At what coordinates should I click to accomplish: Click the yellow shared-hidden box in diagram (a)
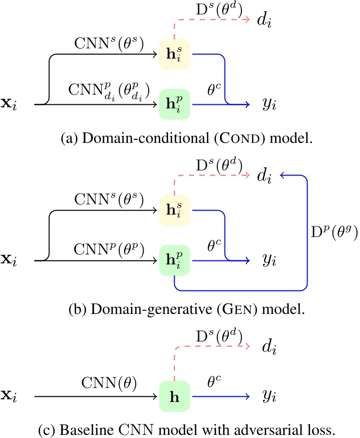pyautogui.click(x=175, y=52)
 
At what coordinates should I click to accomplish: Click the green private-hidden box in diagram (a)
pyautogui.click(x=175, y=104)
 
